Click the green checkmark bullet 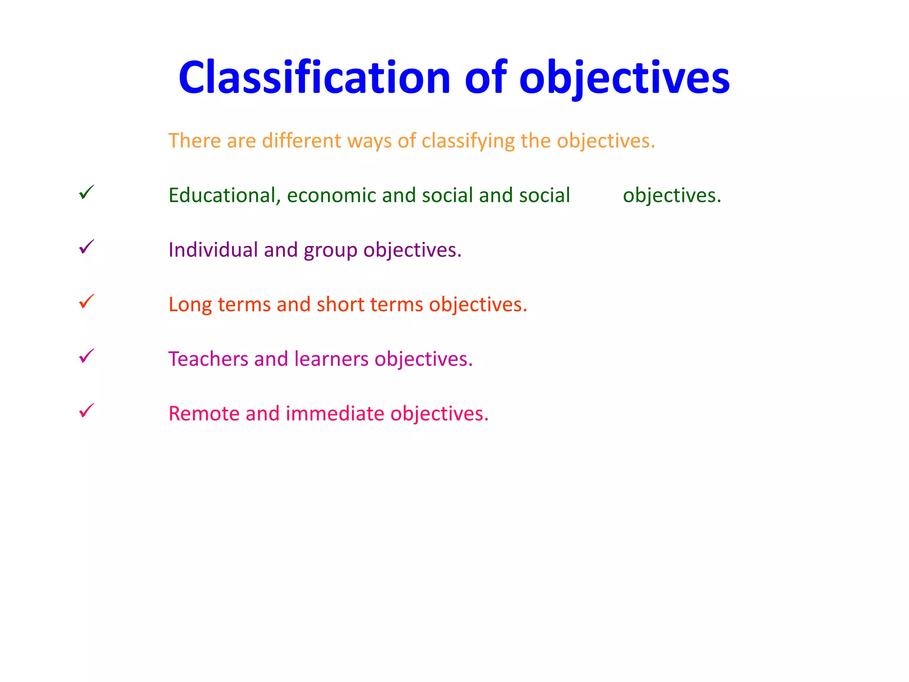pyautogui.click(x=87, y=192)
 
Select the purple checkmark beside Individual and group pyautogui.click(x=87, y=247)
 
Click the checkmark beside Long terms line pyautogui.click(x=87, y=301)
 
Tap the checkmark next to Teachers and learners pyautogui.click(x=87, y=356)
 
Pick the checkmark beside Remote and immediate pyautogui.click(x=87, y=411)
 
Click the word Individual pyautogui.click(x=213, y=250)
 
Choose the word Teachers pyautogui.click(x=208, y=359)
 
